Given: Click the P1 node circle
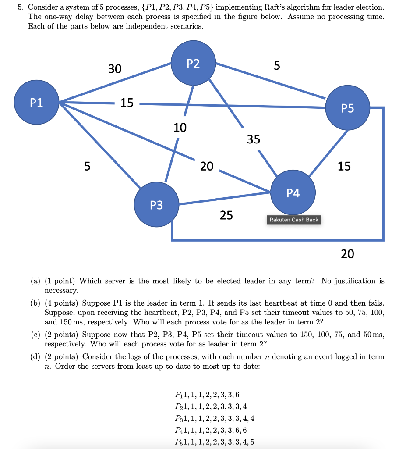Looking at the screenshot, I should [x=37, y=103].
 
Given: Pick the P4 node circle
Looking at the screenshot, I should [x=293, y=193].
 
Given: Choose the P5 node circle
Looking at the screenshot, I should [x=347, y=108].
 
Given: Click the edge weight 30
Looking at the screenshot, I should [x=115, y=69].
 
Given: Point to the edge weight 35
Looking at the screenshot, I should [x=253, y=139].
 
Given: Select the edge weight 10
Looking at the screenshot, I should [x=180, y=128].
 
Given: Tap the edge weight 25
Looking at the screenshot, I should [x=226, y=215].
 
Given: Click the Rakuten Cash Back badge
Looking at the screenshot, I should [x=294, y=220].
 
